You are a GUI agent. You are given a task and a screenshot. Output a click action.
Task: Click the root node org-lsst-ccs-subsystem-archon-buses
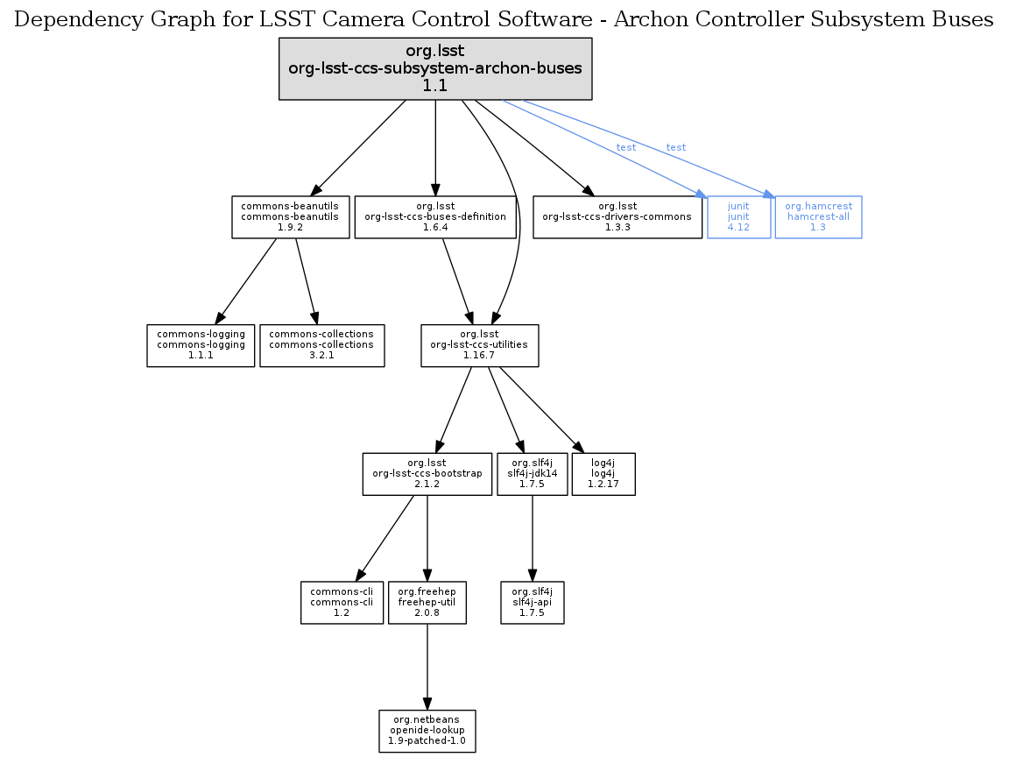pyautogui.click(x=435, y=68)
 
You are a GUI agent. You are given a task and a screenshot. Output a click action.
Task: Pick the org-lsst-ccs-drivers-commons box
pyautogui.click(x=617, y=216)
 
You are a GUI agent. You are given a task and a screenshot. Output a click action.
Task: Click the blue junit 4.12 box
pyautogui.click(x=738, y=216)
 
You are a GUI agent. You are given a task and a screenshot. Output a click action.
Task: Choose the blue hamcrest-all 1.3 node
pyautogui.click(x=818, y=216)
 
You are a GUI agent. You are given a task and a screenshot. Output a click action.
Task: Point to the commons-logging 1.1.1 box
pyautogui.click(x=201, y=345)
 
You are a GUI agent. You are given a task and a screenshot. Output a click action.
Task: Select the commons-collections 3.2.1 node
pyautogui.click(x=321, y=345)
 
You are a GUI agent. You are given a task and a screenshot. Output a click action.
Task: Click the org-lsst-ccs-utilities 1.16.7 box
pyautogui.click(x=479, y=345)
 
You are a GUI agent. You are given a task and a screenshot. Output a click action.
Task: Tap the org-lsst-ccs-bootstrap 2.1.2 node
pyautogui.click(x=427, y=474)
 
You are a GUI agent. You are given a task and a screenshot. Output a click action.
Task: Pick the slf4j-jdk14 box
pyautogui.click(x=533, y=474)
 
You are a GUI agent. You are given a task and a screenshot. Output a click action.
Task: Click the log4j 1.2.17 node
pyautogui.click(x=603, y=474)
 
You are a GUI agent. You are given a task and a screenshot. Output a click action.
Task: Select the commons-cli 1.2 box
pyautogui.click(x=342, y=603)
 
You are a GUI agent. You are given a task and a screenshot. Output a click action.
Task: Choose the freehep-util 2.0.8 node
pyautogui.click(x=427, y=603)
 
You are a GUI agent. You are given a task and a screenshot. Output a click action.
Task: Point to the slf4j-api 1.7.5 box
pyautogui.click(x=533, y=603)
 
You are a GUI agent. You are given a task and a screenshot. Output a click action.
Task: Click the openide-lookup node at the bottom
pyautogui.click(x=427, y=731)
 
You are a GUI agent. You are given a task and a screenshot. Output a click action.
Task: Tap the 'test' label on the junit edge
pyautogui.click(x=626, y=147)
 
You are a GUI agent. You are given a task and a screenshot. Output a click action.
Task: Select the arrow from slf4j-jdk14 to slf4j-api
pyautogui.click(x=533, y=538)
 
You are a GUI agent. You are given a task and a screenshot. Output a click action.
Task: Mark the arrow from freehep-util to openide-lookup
pyautogui.click(x=427, y=666)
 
